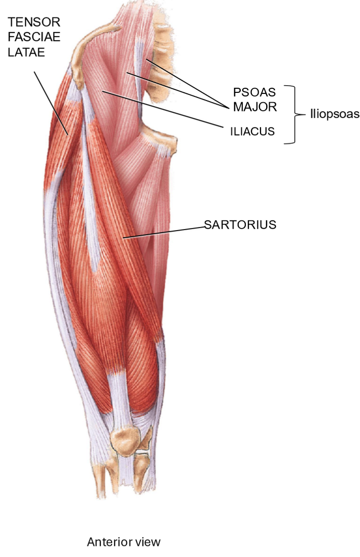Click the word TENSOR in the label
click(34, 22)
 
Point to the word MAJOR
click(254, 107)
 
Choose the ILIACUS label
click(252, 131)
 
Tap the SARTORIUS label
click(240, 224)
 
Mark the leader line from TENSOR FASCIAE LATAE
click(51, 102)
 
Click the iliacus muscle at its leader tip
click(104, 92)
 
